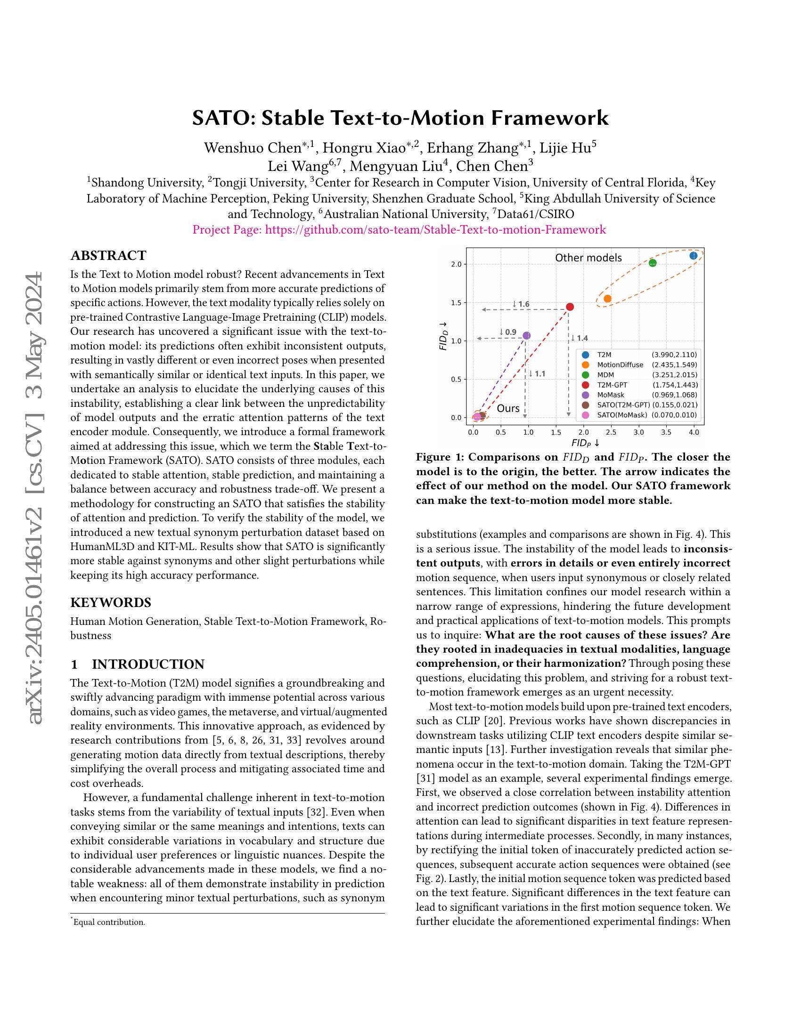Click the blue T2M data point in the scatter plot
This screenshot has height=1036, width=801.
click(x=693, y=256)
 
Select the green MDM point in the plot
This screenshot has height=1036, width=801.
click(x=653, y=263)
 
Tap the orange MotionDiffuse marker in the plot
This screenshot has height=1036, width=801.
click(x=607, y=299)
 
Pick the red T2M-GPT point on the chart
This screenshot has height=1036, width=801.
click(x=570, y=307)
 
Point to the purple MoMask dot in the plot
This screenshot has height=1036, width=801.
click(x=526, y=335)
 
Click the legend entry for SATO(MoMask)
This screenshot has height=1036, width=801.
click(x=621, y=415)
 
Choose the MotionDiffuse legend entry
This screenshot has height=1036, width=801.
click(x=620, y=365)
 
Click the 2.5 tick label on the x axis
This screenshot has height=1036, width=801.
click(x=611, y=432)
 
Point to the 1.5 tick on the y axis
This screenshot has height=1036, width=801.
click(x=456, y=303)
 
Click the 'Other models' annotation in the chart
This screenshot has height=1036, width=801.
click(x=588, y=258)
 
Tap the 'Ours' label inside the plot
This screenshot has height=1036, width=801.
click(x=508, y=408)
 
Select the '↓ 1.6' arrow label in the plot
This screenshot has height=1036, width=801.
click(x=521, y=304)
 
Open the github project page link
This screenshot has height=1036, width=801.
click(x=435, y=230)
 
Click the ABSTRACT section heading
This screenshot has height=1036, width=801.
click(x=108, y=256)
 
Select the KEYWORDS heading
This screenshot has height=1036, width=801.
click(x=111, y=602)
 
